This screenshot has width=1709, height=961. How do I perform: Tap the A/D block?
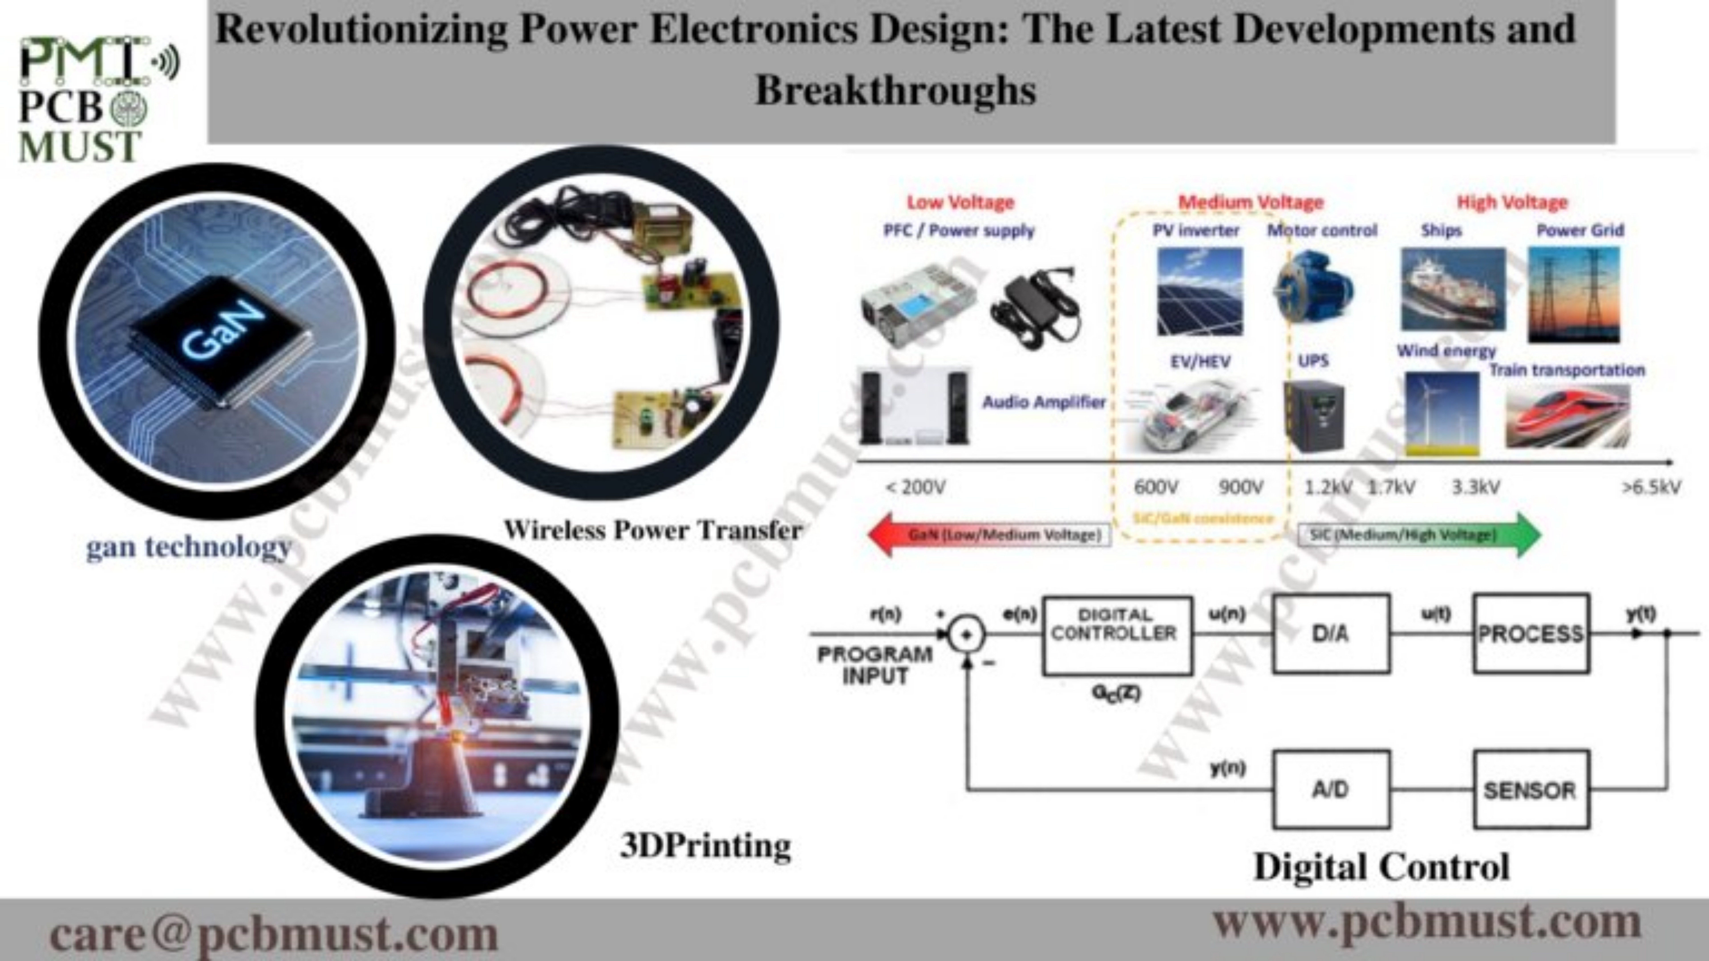tap(1331, 789)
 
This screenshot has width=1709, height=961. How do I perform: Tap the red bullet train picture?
tap(1567, 416)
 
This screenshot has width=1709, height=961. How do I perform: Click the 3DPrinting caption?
tap(705, 846)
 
